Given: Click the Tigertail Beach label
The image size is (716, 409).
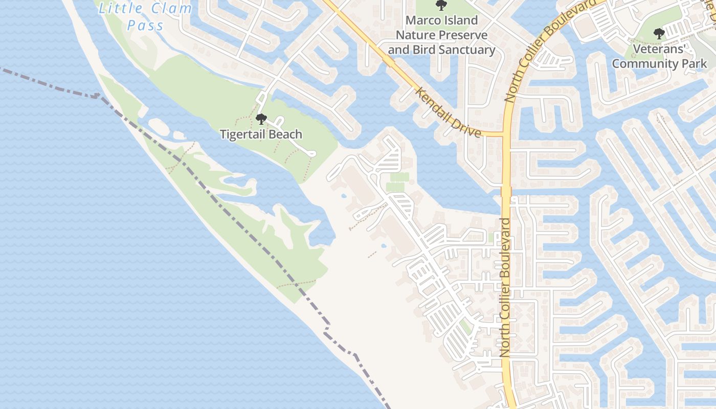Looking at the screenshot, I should pyautogui.click(x=261, y=134).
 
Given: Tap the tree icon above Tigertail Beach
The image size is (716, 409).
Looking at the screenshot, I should pyautogui.click(x=261, y=120).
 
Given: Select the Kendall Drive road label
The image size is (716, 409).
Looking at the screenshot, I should pyautogui.click(x=449, y=112).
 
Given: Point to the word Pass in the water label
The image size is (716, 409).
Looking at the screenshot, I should pyautogui.click(x=146, y=26).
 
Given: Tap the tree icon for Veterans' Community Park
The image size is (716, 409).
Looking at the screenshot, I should pyautogui.click(x=659, y=34).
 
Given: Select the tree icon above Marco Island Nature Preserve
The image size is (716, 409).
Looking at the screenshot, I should pyautogui.click(x=441, y=6).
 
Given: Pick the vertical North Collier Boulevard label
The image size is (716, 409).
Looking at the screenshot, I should pyautogui.click(x=505, y=287).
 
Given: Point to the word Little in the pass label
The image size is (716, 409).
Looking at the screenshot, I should pyautogui.click(x=117, y=8).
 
